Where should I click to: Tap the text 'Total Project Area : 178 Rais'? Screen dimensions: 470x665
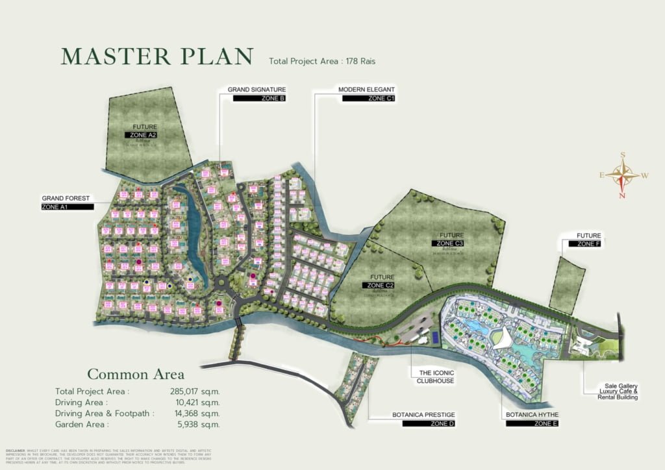pyautogui.click(x=322, y=62)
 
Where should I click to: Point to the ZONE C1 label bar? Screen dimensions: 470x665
pyautogui.click(x=368, y=99)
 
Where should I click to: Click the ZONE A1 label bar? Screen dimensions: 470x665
pyautogui.click(x=68, y=206)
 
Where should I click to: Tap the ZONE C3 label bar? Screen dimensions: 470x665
pyautogui.click(x=451, y=243)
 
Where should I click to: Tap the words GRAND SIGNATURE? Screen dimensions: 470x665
pyautogui.click(x=257, y=90)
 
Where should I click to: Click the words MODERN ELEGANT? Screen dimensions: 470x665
pyautogui.click(x=366, y=90)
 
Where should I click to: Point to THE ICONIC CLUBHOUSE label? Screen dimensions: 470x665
pyautogui.click(x=433, y=377)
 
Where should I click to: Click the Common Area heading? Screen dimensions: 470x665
pyautogui.click(x=136, y=375)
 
